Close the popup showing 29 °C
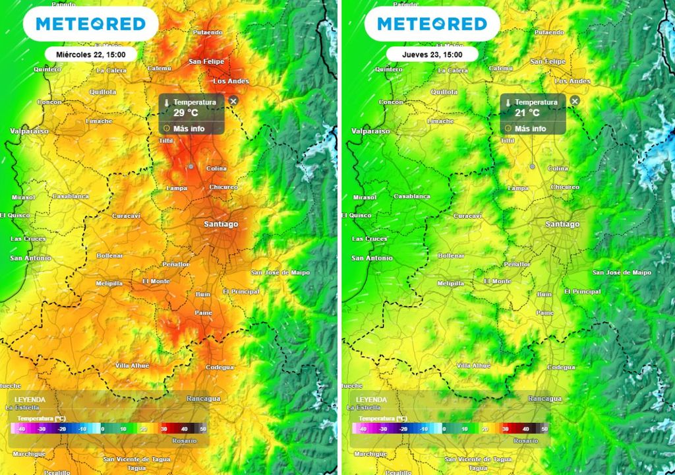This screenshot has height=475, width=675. [x=233, y=101]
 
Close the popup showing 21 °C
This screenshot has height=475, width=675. [x=574, y=101]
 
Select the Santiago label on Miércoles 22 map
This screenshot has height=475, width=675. [x=221, y=224]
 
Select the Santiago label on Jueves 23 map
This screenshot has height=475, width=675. [x=562, y=224]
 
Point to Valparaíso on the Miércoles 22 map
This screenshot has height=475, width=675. [x=29, y=131]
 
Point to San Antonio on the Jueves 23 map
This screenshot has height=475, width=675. [x=371, y=258]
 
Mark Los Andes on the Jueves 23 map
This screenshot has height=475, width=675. [x=572, y=81]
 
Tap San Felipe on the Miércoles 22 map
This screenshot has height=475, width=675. [x=206, y=61]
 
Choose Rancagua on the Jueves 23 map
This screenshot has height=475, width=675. [x=544, y=398]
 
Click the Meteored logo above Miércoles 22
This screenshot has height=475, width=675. [x=90, y=24]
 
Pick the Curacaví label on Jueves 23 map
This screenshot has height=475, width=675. [x=468, y=216]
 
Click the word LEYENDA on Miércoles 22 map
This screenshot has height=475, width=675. [x=30, y=400]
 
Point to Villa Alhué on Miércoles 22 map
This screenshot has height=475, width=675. [x=132, y=365]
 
